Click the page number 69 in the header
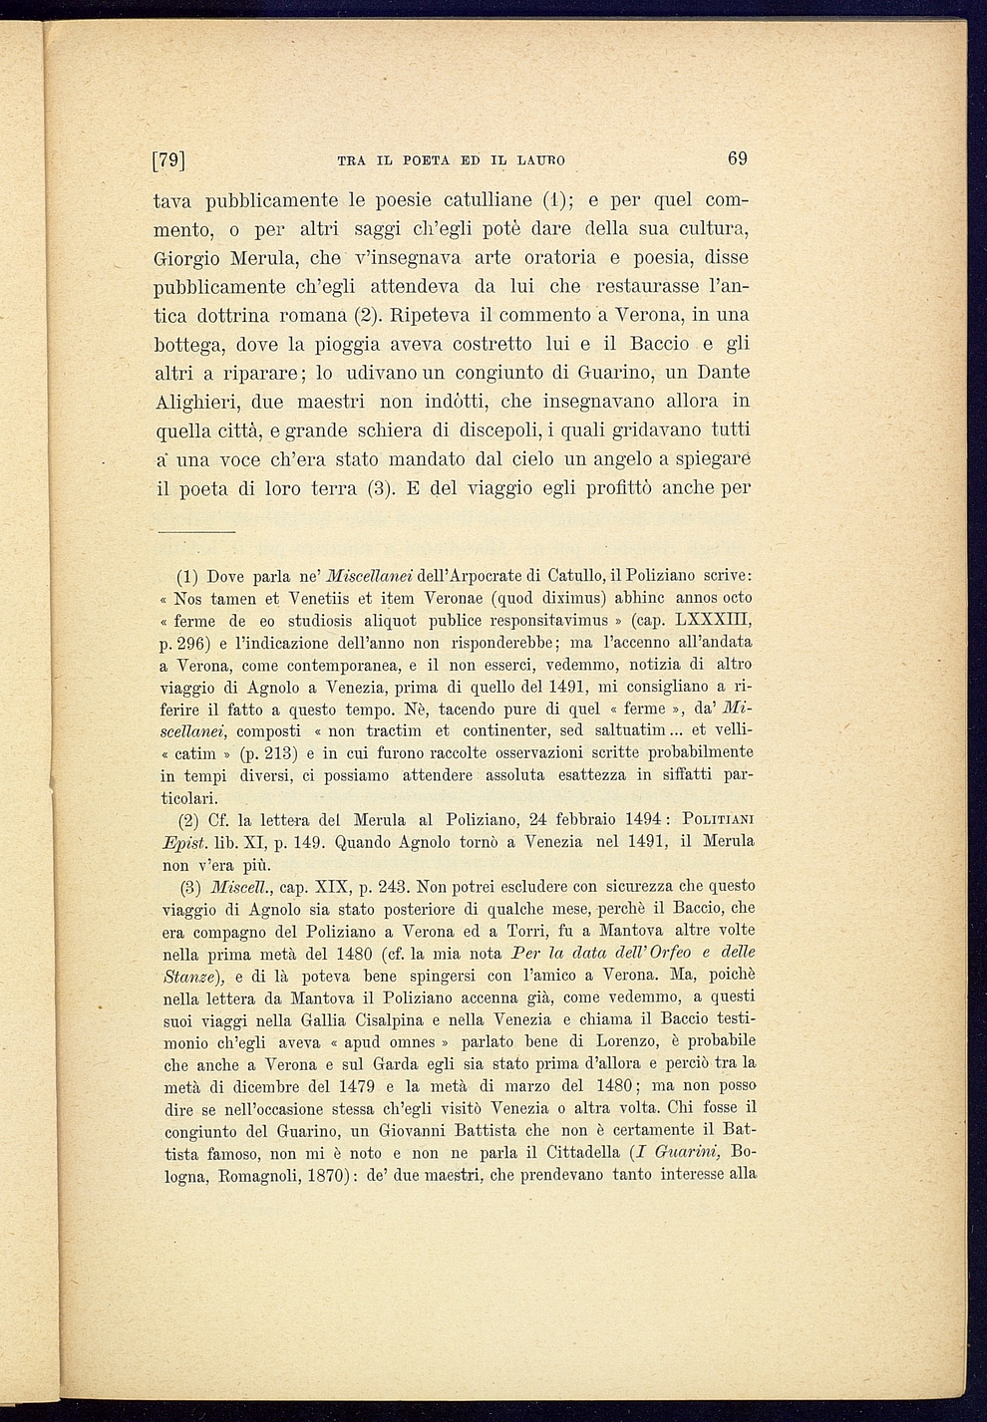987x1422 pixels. point(737,157)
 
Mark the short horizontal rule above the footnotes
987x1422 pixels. point(195,532)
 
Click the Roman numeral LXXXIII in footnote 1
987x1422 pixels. point(715,619)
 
